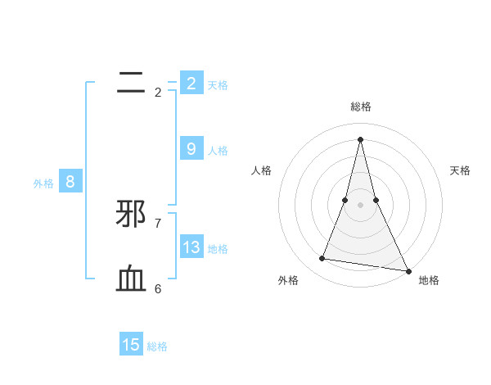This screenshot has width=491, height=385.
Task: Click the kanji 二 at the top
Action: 131,82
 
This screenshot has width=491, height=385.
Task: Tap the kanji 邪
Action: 131,214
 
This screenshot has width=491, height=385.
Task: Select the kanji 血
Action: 131,279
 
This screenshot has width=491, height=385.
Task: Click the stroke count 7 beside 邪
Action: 157,223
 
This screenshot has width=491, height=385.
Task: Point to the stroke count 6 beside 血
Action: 157,288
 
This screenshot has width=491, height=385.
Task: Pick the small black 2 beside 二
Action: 157,92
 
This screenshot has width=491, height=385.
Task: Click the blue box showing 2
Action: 191,83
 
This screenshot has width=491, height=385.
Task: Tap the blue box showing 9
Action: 191,148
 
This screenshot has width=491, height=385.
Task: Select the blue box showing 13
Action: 191,247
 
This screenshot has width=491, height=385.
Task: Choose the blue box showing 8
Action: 70,182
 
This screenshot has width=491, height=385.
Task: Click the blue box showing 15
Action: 131,345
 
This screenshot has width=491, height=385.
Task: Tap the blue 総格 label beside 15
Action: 157,346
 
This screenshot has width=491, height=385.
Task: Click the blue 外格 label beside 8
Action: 43,183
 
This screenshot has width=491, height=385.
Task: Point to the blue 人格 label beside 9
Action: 218,151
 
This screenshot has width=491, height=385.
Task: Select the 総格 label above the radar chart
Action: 360,106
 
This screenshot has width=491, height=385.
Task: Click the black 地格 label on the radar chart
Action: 429,281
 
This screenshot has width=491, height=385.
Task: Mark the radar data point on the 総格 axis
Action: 360,138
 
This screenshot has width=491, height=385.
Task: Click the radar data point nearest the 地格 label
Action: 408,269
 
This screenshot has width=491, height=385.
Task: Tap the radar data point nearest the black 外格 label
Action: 322,259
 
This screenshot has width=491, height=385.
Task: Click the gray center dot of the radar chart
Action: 360,204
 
